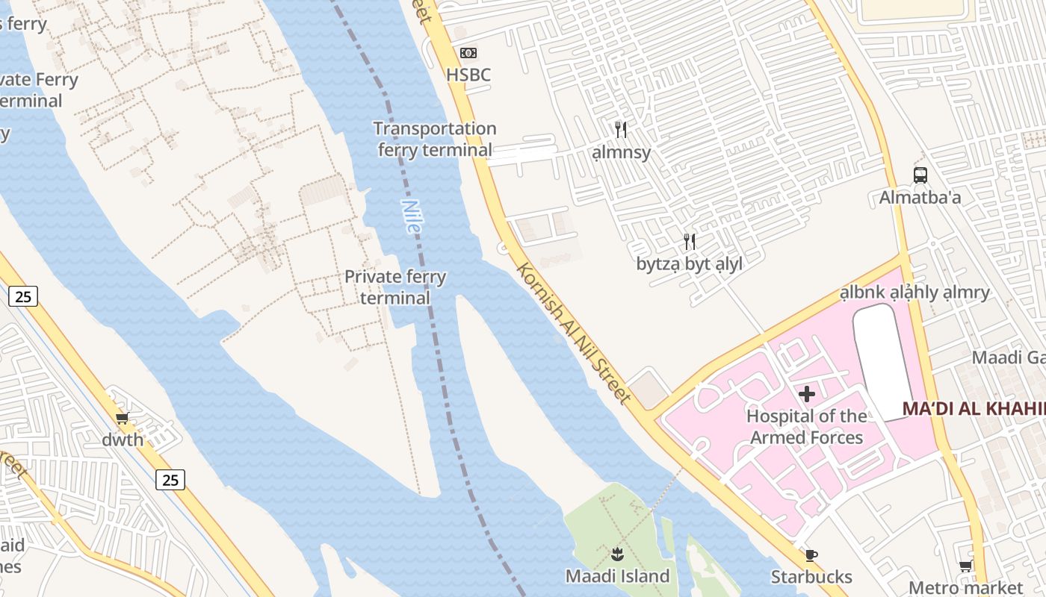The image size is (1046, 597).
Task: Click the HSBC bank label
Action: click(468, 75)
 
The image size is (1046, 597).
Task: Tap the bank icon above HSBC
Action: click(468, 52)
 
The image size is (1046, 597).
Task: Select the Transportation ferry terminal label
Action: click(435, 140)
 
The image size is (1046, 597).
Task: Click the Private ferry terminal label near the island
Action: click(395, 287)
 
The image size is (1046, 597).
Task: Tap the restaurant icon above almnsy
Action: click(621, 130)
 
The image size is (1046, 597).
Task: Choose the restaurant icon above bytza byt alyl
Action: click(690, 241)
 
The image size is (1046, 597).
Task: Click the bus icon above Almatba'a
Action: click(920, 175)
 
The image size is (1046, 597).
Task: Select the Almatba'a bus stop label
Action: click(920, 198)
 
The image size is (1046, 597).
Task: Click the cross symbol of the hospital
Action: click(807, 393)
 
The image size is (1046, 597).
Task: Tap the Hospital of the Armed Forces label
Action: click(807, 427)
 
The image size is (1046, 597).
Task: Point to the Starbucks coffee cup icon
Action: click(811, 555)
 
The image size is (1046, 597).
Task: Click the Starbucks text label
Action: click(811, 577)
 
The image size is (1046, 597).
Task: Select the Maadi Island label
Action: click(617, 576)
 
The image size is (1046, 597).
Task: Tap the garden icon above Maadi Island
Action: click(617, 554)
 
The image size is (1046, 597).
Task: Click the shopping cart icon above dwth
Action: click(123, 418)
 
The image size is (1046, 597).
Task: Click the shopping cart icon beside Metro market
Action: click(965, 566)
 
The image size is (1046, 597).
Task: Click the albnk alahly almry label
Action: click(915, 292)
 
